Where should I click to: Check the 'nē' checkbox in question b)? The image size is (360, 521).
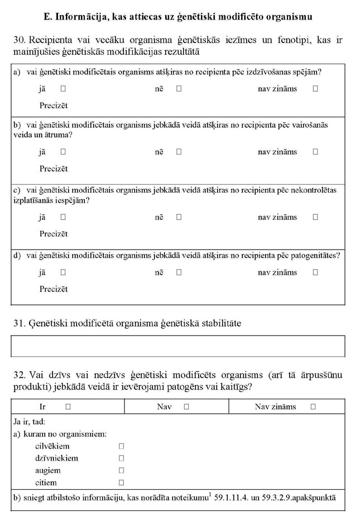tap(179, 151)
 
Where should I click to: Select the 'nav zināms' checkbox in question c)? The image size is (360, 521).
tap(315, 217)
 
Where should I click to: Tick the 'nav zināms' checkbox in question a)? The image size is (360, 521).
tap(315, 88)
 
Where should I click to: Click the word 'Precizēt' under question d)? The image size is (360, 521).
tap(54, 289)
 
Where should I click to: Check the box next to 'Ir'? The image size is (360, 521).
tap(68, 407)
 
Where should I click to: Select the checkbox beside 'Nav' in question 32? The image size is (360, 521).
tap(186, 407)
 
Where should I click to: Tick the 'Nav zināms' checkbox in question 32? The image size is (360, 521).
tap(313, 407)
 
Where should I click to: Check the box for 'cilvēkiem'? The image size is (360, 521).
tap(121, 446)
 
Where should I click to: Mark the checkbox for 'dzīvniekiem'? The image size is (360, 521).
tap(121, 458)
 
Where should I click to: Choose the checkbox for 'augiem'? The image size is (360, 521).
tap(121, 471)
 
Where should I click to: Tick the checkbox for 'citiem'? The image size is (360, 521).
tap(121, 483)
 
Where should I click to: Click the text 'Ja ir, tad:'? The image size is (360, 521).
tap(30, 422)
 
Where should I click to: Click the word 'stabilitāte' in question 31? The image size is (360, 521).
tap(219, 323)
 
